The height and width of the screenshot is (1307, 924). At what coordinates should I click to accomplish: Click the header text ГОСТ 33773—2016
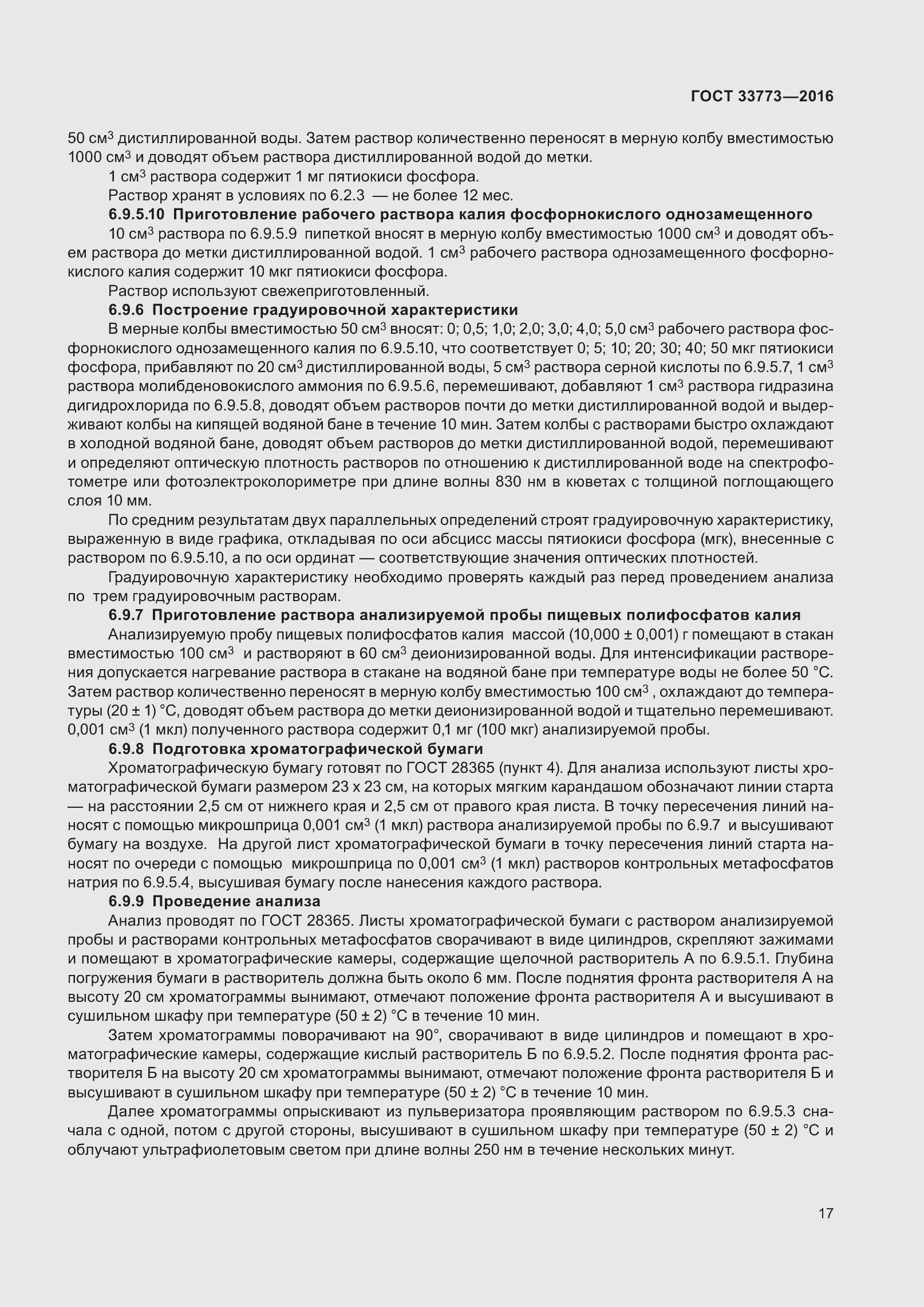click(761, 97)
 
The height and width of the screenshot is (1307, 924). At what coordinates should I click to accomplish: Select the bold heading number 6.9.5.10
click(137, 215)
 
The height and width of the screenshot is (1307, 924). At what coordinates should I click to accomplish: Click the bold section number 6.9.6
click(127, 310)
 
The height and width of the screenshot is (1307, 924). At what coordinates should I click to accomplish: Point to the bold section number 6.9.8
click(127, 749)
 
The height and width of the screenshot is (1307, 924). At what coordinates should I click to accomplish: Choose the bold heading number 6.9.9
click(127, 902)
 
